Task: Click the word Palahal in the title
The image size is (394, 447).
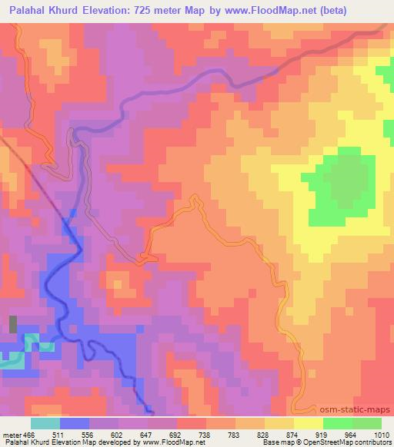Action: coord(28,11)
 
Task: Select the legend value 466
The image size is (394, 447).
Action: coord(30,434)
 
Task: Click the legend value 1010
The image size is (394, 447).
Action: coord(381,434)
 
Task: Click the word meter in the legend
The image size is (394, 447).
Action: coord(12,434)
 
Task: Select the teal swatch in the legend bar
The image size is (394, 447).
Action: coord(45,423)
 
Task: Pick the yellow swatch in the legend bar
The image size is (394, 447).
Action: coord(309,423)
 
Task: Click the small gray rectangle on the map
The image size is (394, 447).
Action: coord(13,323)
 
